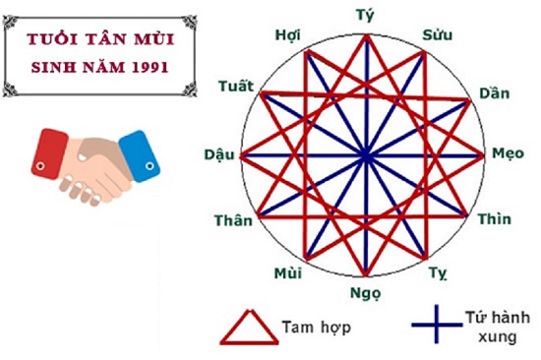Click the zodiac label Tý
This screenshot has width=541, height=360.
tap(367, 15)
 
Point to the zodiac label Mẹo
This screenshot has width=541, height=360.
tap(510, 154)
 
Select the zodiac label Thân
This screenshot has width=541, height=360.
tap(236, 219)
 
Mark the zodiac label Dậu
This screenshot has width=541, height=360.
tap(218, 154)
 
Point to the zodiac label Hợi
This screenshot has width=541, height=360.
tap(287, 36)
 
